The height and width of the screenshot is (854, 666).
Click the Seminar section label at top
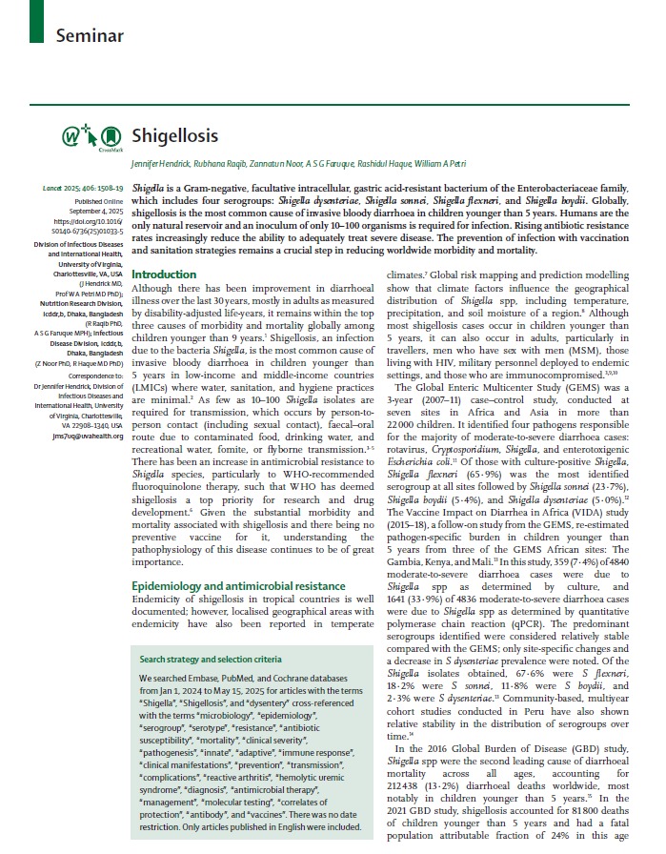[x=90, y=35]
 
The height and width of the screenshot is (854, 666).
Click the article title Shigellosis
[x=174, y=135]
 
